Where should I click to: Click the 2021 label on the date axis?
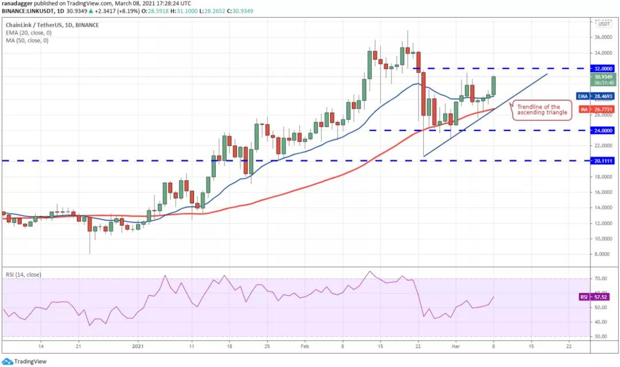138,346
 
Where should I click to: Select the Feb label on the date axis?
304,346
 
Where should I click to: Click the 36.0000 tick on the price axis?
602,37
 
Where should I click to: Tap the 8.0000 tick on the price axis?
602,254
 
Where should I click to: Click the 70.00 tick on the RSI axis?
600,279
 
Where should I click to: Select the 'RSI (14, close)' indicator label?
24,275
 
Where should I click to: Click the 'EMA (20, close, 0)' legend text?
28,33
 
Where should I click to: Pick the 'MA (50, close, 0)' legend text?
26,40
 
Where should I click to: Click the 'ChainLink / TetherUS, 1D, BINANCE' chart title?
52,25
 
